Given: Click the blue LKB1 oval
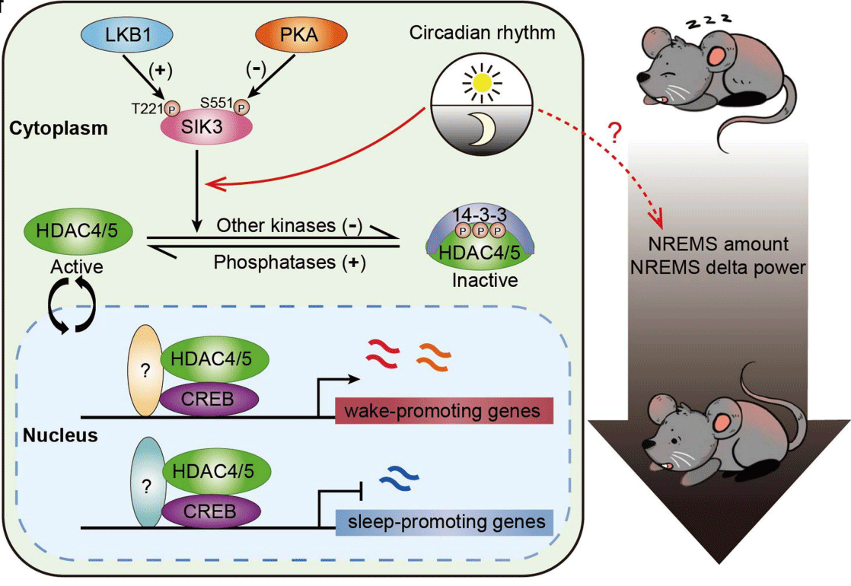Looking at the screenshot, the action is pyautogui.click(x=127, y=34).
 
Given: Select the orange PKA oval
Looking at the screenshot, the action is pyautogui.click(x=301, y=34).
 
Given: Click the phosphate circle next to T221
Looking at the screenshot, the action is pyautogui.click(x=171, y=109).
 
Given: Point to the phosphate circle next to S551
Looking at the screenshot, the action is pyautogui.click(x=241, y=107).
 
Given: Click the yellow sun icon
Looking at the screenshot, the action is pyautogui.click(x=482, y=82).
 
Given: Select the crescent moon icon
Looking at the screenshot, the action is pyautogui.click(x=483, y=129).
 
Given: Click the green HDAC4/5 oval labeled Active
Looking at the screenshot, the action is pyautogui.click(x=78, y=231).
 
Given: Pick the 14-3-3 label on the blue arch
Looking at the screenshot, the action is pyautogui.click(x=480, y=215).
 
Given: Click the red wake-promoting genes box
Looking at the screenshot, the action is pyautogui.click(x=444, y=411).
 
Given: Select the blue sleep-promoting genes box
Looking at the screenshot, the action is pyautogui.click(x=444, y=522).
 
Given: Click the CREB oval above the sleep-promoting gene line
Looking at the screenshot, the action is pyautogui.click(x=211, y=511).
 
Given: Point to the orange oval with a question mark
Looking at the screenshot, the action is pyautogui.click(x=145, y=371).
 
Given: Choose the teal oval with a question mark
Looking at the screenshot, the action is pyautogui.click(x=147, y=482).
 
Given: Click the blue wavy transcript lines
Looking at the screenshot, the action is pyautogui.click(x=400, y=477).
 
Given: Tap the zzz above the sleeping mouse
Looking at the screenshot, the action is pyautogui.click(x=708, y=21).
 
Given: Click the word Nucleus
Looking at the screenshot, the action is pyautogui.click(x=60, y=435).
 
